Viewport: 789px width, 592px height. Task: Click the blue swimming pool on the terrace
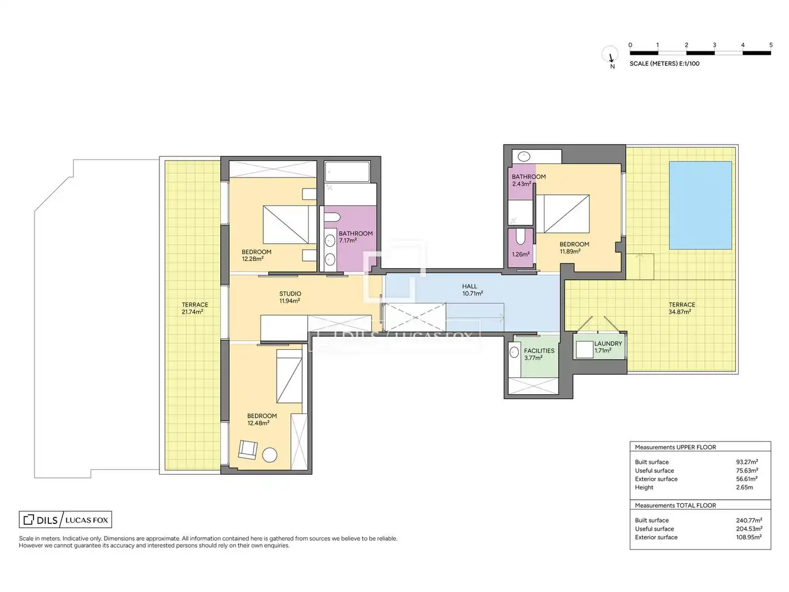(700, 205)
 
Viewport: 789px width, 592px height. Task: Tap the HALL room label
(470, 286)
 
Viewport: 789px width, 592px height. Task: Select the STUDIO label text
(290, 294)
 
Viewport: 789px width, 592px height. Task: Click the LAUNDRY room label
(608, 343)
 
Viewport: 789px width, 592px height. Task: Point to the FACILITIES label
(539, 350)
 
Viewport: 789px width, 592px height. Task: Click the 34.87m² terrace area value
(679, 312)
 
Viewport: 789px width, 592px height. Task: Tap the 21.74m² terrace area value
(192, 312)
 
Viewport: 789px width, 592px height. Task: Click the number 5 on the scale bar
(771, 45)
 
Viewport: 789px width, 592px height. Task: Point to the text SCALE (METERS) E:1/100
(664, 64)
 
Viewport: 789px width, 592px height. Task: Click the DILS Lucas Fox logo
(65, 520)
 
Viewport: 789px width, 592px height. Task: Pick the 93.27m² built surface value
(747, 462)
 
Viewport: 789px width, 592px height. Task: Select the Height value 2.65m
(744, 487)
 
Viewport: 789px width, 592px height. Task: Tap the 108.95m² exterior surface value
(748, 537)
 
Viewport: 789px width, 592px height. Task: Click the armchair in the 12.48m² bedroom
(248, 449)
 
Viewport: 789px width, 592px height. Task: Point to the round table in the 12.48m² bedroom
(270, 455)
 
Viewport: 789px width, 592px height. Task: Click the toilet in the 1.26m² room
(520, 236)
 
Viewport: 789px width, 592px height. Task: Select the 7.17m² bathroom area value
(347, 241)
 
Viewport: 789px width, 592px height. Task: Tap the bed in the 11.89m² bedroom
(562, 214)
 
